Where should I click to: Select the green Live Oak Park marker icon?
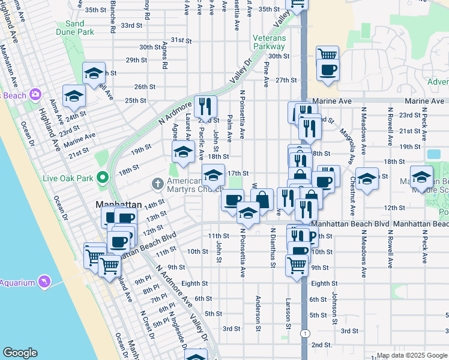click(102, 178)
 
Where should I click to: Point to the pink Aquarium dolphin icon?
click(43, 282)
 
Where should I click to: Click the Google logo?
click(20, 353)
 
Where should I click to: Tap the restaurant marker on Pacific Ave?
click(205, 106)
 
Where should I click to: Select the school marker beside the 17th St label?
click(213, 175)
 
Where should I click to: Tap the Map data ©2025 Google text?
click(411, 355)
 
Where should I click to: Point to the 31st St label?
click(180, 40)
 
